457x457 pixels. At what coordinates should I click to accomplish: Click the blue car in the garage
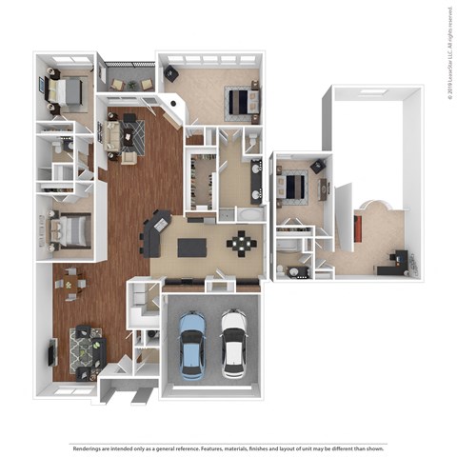click(x=191, y=342)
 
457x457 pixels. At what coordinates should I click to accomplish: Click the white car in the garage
click(x=233, y=342)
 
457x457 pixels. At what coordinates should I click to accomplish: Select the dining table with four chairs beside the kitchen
click(x=241, y=244)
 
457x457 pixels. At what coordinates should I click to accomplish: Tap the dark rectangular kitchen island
click(x=191, y=248)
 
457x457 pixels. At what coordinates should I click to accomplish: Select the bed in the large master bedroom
click(x=239, y=99)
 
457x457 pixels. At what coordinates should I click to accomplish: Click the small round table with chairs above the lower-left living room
click(x=71, y=282)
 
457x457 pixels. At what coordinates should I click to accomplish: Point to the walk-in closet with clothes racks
click(x=201, y=181)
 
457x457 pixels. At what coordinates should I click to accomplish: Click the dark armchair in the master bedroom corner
click(x=172, y=74)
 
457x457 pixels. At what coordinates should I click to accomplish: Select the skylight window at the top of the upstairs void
click(x=373, y=92)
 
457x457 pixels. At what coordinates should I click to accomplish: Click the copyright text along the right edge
click(x=448, y=48)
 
